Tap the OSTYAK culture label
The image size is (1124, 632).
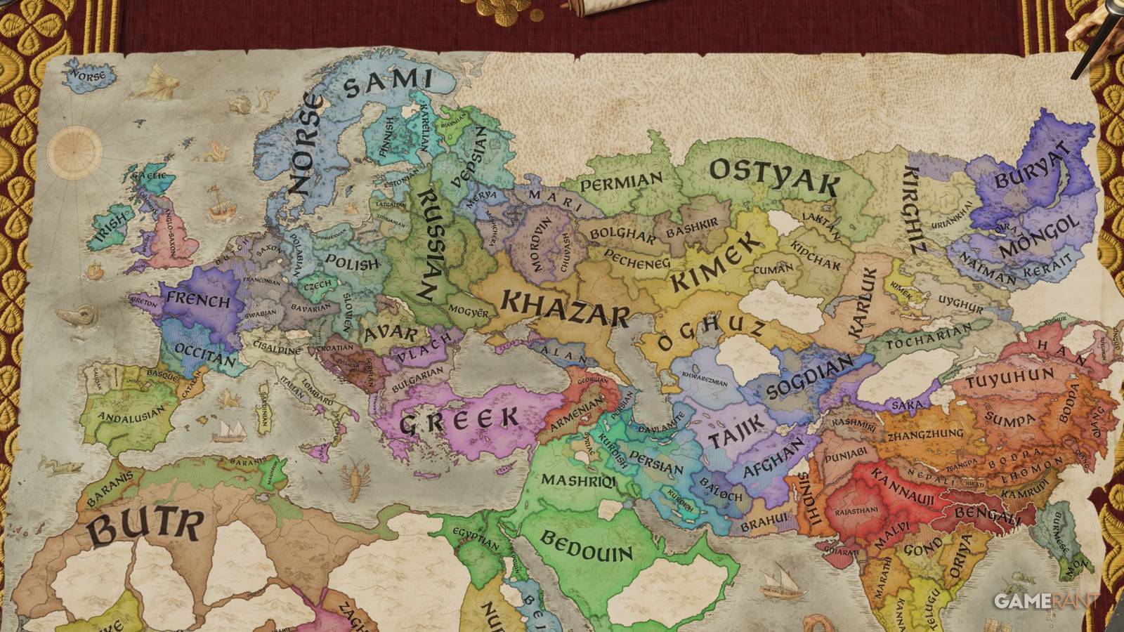point(773,176)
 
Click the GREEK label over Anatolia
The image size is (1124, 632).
point(469,419)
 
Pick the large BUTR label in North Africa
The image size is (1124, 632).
point(147,527)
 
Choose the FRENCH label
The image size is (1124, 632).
point(198,300)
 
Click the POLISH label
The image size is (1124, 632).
point(352,263)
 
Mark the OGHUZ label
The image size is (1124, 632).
point(711,335)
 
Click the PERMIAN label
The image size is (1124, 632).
point(622,182)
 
